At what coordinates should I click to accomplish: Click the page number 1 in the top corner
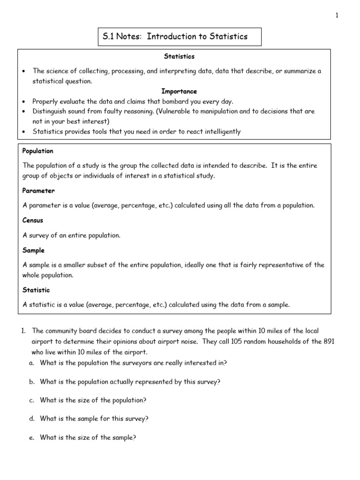337,15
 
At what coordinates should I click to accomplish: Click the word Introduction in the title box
169,37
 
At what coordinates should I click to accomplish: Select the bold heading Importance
179,91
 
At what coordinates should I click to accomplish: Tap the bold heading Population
38,151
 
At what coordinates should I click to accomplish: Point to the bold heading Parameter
38,191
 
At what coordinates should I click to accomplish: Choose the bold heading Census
33,220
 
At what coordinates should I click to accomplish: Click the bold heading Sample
33,250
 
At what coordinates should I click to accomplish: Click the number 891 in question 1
328,342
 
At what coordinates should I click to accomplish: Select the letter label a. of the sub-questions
31,362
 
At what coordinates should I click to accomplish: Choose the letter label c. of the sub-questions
31,400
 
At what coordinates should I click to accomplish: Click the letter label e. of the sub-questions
31,438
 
